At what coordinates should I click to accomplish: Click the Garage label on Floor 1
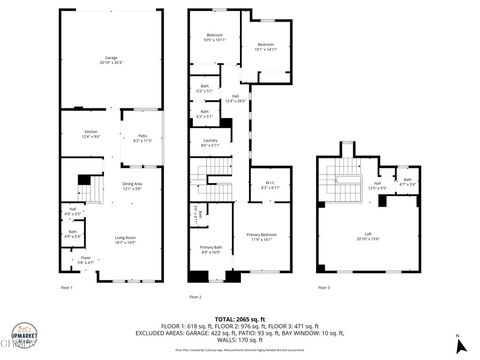[x=110, y=60]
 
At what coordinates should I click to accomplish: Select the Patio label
[x=141, y=138]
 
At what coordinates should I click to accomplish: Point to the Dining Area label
[x=132, y=186]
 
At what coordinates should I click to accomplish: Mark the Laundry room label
[x=210, y=143]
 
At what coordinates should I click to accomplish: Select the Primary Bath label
[x=210, y=250]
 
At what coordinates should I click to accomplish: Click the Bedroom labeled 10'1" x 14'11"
[x=265, y=47]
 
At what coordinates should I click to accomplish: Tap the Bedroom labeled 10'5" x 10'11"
[x=216, y=37]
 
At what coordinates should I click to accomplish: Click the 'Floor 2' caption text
[x=195, y=297]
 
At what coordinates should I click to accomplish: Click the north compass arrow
[x=458, y=344]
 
